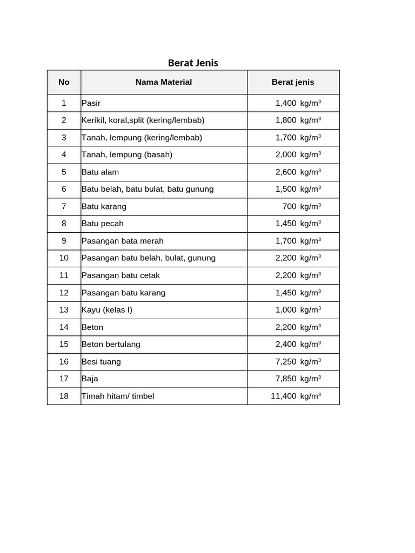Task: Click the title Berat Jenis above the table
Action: click(193, 63)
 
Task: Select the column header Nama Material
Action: click(163, 82)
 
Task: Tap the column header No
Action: click(64, 82)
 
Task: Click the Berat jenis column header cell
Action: click(293, 82)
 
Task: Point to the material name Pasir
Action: click(91, 103)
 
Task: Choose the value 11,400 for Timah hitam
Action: click(283, 396)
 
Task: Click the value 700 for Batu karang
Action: click(289, 206)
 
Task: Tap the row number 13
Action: click(64, 310)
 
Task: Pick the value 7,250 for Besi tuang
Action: click(286, 362)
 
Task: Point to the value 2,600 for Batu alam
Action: click(286, 172)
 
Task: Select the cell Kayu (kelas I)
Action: click(107, 310)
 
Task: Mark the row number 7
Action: click(64, 206)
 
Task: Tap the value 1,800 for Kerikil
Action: click(286, 120)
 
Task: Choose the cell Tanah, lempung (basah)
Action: click(127, 155)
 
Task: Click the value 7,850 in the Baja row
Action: click(286, 379)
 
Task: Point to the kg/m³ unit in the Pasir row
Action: click(311, 103)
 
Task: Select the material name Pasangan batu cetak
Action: click(121, 275)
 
